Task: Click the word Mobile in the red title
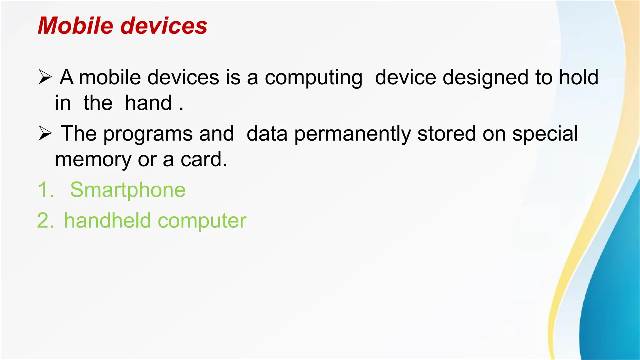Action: tap(75, 26)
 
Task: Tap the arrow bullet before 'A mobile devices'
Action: tap(45, 77)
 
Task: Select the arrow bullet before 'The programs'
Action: tap(45, 134)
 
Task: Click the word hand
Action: tap(148, 103)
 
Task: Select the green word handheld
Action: tap(107, 221)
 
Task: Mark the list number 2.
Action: tap(44, 221)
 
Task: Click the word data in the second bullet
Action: tap(267, 134)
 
